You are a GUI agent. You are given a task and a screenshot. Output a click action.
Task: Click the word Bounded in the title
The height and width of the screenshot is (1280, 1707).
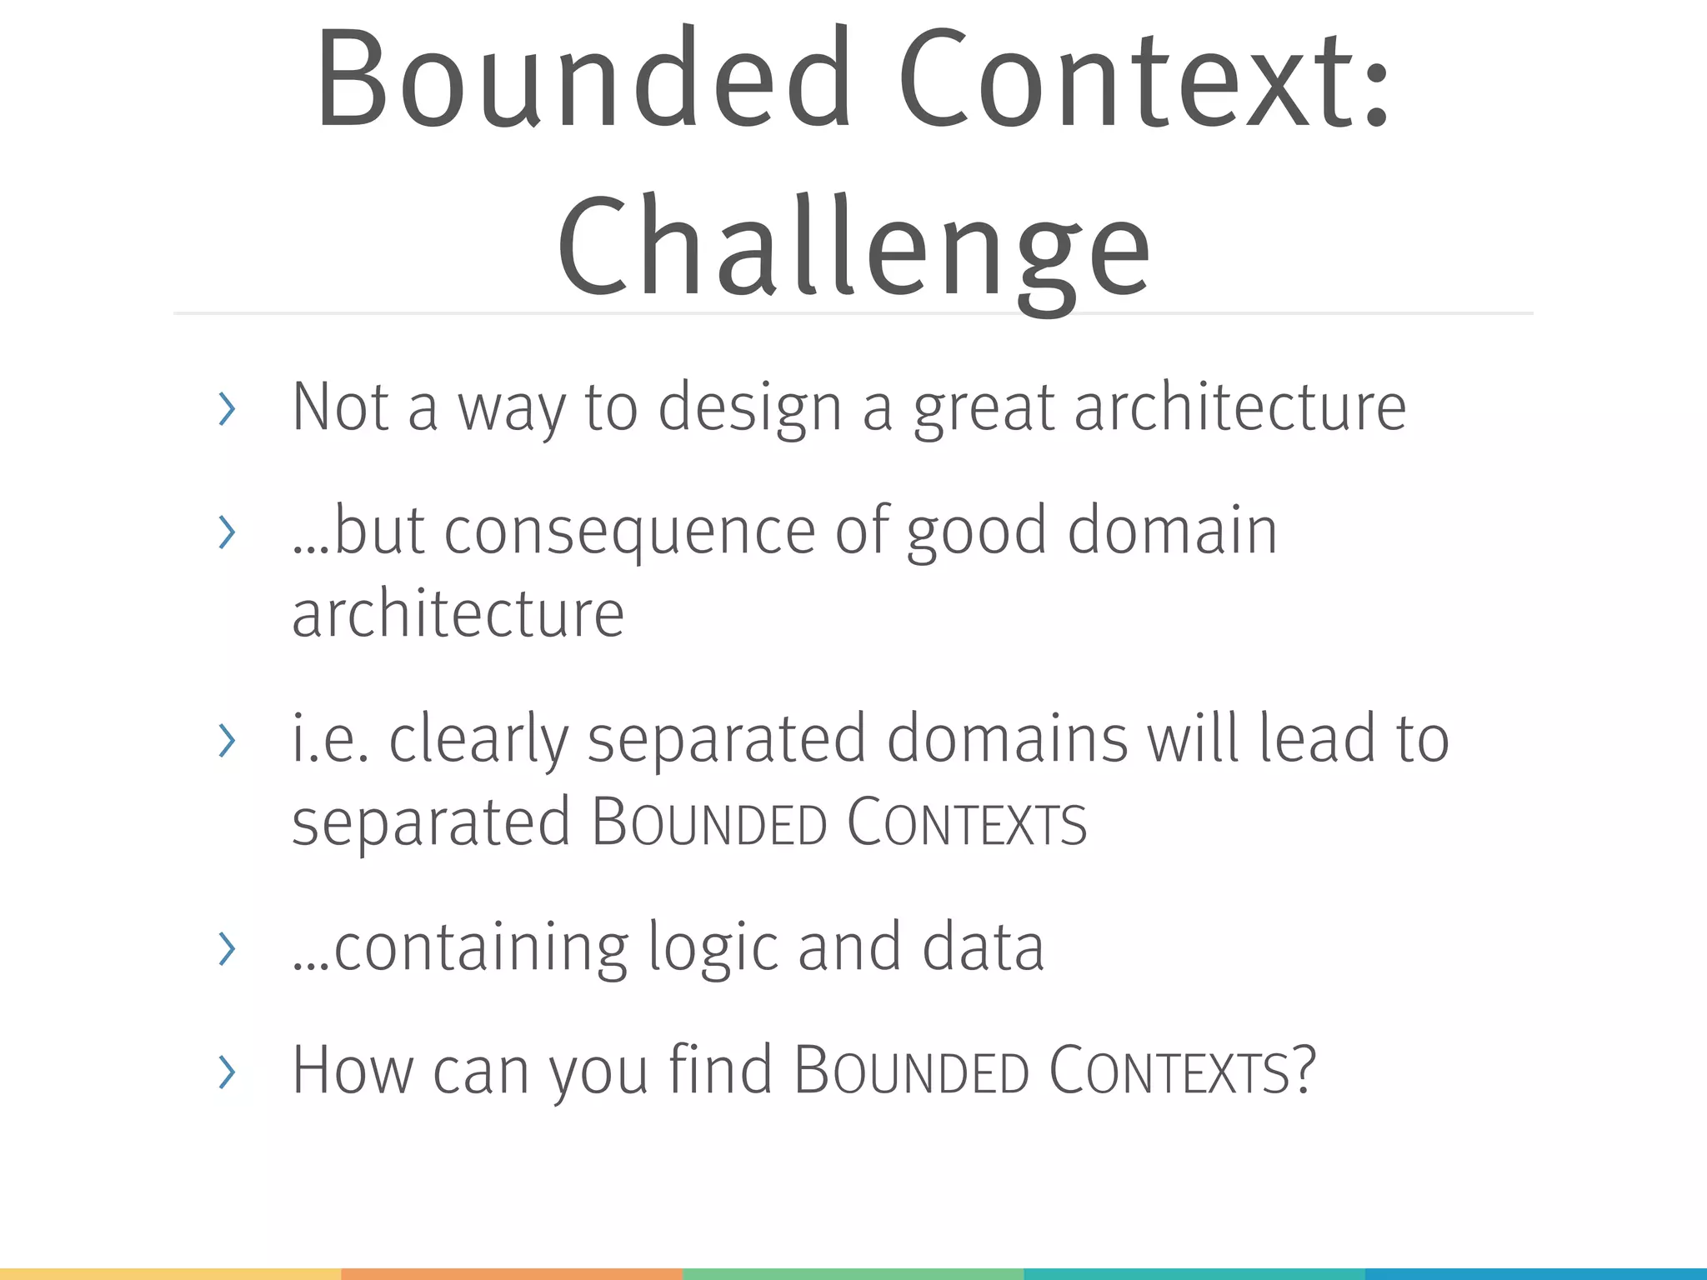pyautogui.click(x=583, y=79)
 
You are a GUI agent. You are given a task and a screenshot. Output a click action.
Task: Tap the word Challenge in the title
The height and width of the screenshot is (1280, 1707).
pyautogui.click(x=853, y=246)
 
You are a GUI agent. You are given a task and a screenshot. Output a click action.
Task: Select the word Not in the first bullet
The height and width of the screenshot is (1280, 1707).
pyautogui.click(x=341, y=407)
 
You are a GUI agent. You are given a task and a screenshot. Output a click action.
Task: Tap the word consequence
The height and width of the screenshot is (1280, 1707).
pyautogui.click(x=629, y=532)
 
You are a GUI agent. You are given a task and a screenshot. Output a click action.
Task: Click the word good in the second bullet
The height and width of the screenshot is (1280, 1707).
pyautogui.click(x=976, y=532)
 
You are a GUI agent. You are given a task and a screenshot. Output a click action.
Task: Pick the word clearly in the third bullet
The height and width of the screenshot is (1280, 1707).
pyautogui.click(x=478, y=740)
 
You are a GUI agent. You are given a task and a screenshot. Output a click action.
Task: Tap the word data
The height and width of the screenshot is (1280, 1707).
pyautogui.click(x=983, y=947)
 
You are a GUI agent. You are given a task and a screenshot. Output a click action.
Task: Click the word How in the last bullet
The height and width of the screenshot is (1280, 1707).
pyautogui.click(x=353, y=1070)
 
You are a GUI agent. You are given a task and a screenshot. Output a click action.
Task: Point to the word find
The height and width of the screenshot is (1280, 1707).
pyautogui.click(x=721, y=1070)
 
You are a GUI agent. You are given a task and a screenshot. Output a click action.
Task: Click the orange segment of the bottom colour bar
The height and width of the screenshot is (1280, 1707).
pyautogui.click(x=512, y=1274)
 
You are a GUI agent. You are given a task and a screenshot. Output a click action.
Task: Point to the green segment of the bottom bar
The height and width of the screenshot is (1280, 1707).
pyautogui.click(x=853, y=1274)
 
